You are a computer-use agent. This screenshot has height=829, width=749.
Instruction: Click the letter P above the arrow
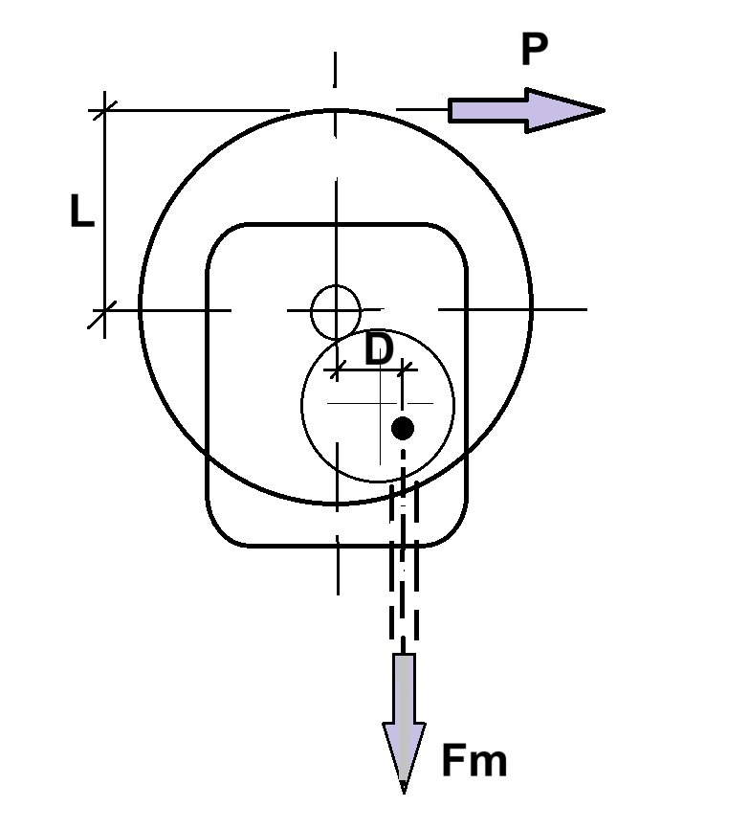pyautogui.click(x=534, y=49)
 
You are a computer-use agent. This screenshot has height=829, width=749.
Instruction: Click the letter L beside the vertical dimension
pyautogui.click(x=82, y=211)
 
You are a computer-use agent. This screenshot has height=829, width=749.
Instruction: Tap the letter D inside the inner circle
pyautogui.click(x=379, y=349)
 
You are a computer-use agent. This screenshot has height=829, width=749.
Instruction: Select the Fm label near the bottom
pyautogui.click(x=474, y=760)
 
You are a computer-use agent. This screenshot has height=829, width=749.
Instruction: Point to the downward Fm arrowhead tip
pyautogui.click(x=404, y=793)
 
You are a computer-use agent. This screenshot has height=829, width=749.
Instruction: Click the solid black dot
pyautogui.click(x=403, y=428)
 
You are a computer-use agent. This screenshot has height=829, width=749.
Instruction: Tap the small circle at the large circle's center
pyautogui.click(x=336, y=312)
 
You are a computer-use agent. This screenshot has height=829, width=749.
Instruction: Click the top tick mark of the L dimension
pyautogui.click(x=104, y=110)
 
